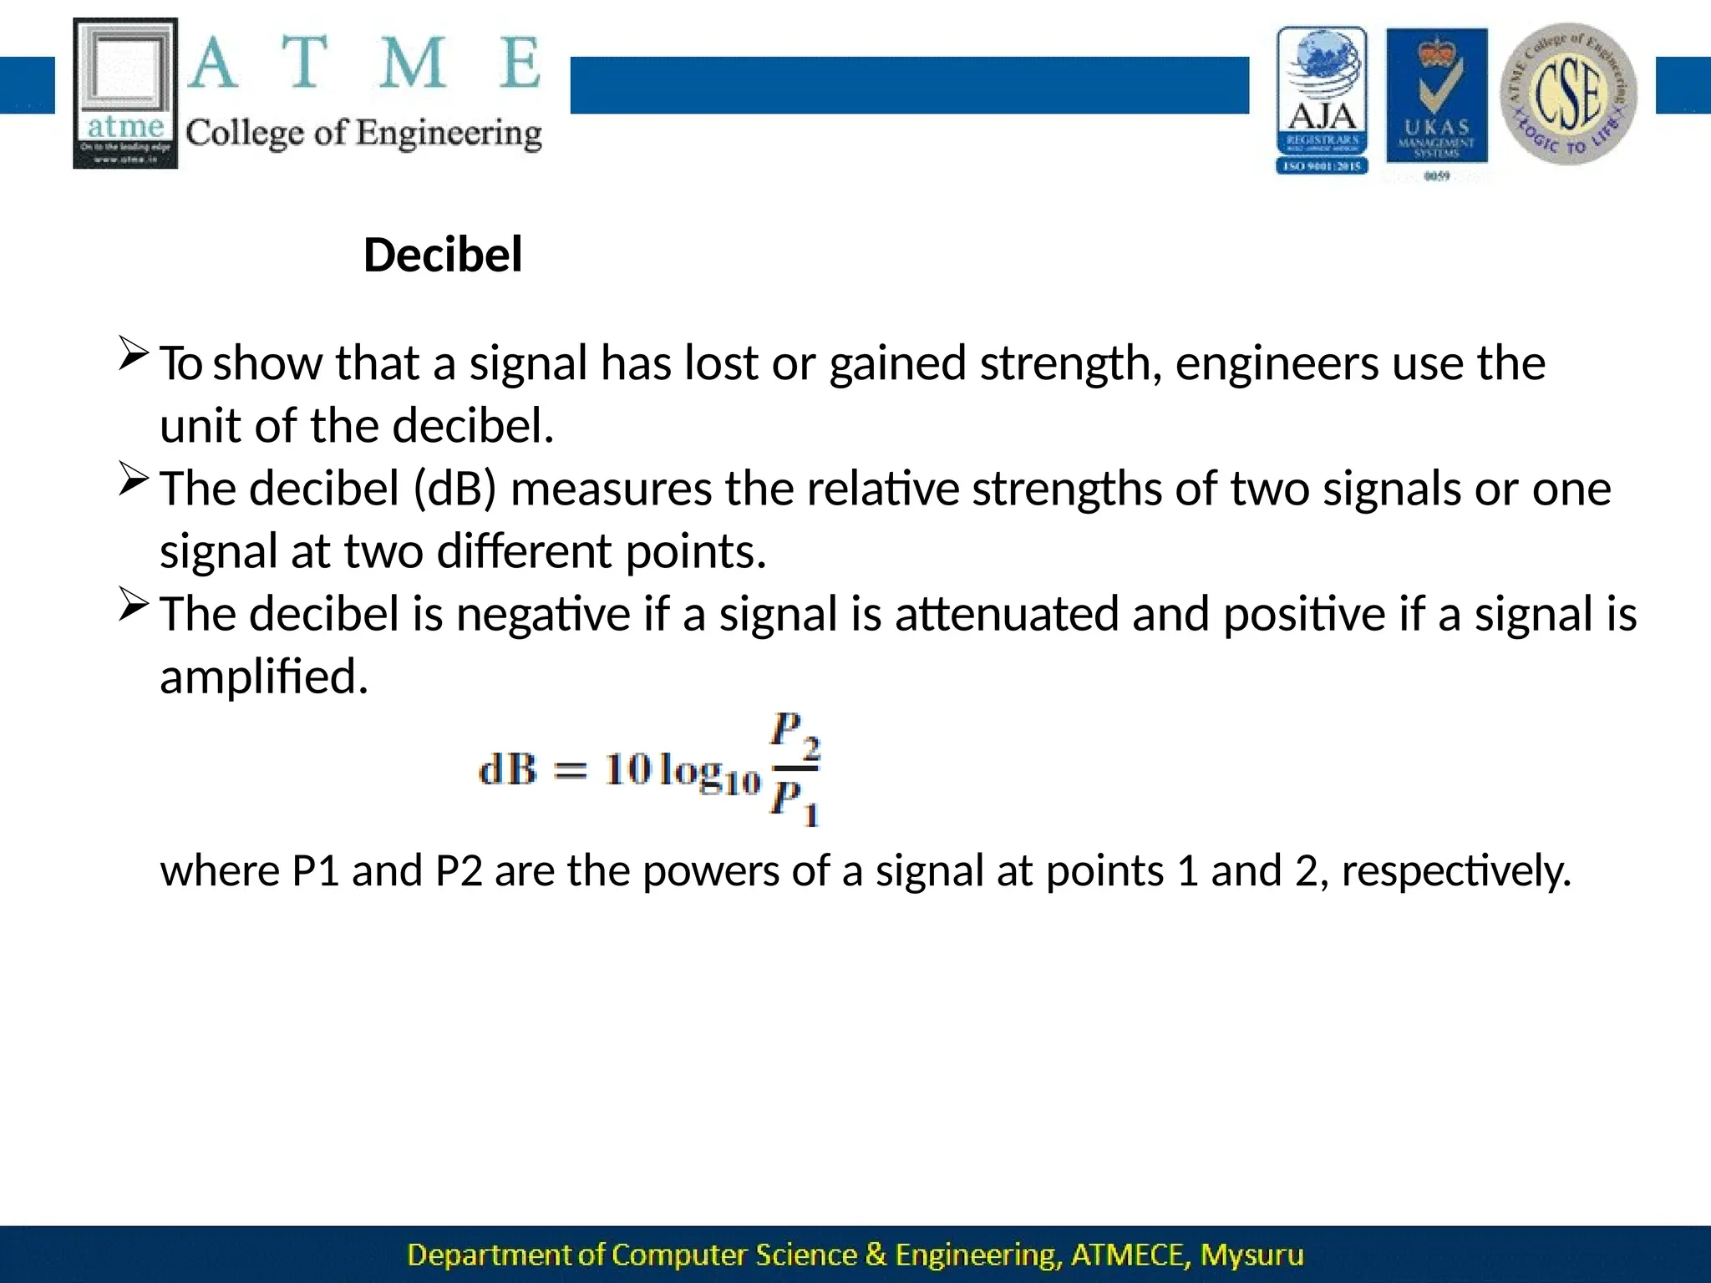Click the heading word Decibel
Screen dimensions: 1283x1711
coord(443,255)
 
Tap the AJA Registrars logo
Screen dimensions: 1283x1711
coord(1322,99)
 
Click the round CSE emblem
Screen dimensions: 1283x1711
coord(1568,94)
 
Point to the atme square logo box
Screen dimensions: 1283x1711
coord(126,93)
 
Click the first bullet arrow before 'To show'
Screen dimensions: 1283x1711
coord(134,354)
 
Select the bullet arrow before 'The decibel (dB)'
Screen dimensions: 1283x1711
coord(134,479)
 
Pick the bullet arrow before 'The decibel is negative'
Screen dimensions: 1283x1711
coord(134,605)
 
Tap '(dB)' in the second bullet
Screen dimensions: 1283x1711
coord(455,489)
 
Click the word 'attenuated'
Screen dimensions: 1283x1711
coord(1007,614)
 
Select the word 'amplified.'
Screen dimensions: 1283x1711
coord(264,677)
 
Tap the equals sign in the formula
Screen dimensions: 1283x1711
coord(571,770)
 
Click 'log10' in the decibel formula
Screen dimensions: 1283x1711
coord(708,772)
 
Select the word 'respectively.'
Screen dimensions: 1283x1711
coord(1456,871)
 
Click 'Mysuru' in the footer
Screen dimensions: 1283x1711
coord(1252,1255)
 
